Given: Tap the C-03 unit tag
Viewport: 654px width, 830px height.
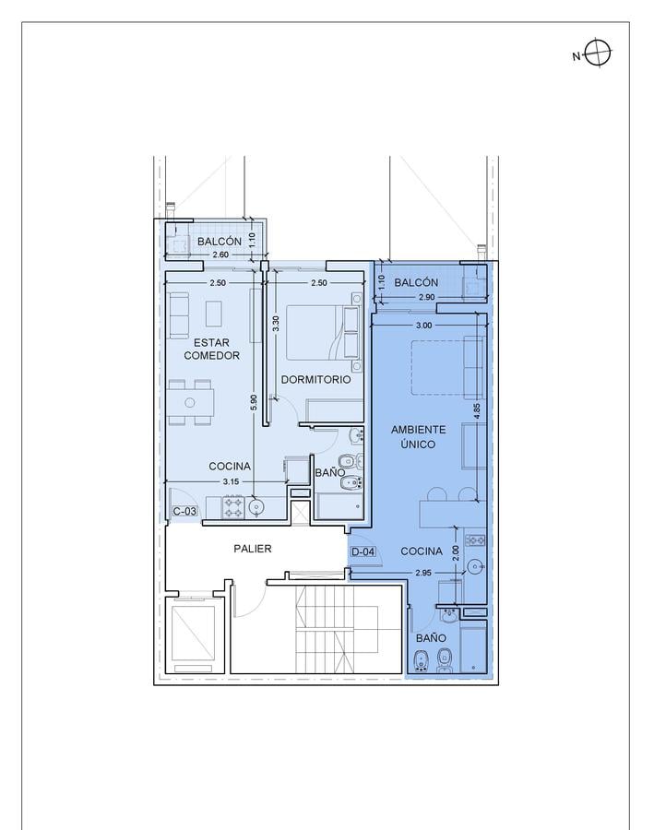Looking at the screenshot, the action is [x=184, y=511].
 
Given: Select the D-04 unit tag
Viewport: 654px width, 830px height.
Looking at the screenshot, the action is [x=363, y=551].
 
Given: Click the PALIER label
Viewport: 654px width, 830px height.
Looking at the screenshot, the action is [x=253, y=549].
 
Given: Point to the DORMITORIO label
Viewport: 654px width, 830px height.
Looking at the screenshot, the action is [x=315, y=380].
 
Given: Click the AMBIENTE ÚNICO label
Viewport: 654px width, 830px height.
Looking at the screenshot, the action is [x=419, y=437].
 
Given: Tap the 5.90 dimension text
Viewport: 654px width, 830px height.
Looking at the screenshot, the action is [x=254, y=402].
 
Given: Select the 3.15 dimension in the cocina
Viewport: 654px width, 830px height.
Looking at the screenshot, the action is [x=231, y=481].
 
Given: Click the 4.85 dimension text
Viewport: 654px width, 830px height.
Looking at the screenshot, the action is [x=477, y=412].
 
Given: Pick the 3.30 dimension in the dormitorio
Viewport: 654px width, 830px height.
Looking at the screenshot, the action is [x=276, y=324].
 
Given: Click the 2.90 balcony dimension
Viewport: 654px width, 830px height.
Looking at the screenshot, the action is [x=426, y=297].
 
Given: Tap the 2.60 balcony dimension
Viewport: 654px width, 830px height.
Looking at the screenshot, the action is [x=220, y=255].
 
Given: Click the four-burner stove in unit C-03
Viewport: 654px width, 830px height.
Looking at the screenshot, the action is [x=233, y=507].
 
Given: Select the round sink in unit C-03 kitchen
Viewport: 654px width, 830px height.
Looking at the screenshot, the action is [x=256, y=506].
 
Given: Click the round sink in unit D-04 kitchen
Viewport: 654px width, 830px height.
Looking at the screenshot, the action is [x=474, y=567].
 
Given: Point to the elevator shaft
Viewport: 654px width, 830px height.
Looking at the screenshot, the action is [x=194, y=634].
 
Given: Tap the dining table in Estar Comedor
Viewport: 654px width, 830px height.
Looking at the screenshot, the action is [x=191, y=403].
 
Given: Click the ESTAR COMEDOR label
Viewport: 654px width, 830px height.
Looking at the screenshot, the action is [x=212, y=349].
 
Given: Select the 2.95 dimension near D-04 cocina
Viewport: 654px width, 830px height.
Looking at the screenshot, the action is [x=423, y=572].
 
